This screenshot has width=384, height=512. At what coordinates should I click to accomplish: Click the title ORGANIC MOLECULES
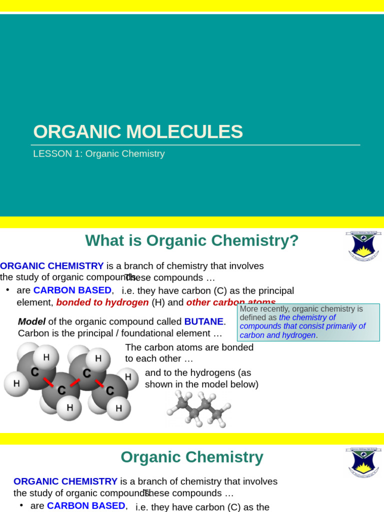[138, 131]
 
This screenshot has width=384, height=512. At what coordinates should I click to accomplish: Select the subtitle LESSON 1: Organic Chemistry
[98, 154]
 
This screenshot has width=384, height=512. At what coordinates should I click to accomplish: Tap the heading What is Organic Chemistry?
[191, 240]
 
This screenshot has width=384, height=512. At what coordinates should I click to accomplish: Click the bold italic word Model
[31, 321]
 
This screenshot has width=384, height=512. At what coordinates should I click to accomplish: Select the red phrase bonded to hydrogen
[102, 302]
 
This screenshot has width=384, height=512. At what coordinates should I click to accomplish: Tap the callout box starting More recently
[308, 322]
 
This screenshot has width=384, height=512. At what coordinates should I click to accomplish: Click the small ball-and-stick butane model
[197, 408]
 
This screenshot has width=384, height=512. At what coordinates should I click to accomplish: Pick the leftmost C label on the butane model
[34, 372]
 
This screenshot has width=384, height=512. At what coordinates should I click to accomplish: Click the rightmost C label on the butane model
[109, 390]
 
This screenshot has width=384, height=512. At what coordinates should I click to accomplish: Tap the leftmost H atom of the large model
[16, 384]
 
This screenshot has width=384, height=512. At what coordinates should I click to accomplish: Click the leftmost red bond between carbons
[48, 382]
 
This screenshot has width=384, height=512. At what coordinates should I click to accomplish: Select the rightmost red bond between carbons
[99, 382]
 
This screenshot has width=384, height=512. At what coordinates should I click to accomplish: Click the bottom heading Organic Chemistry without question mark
[191, 457]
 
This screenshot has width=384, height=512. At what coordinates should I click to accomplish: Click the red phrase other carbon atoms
[230, 302]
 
